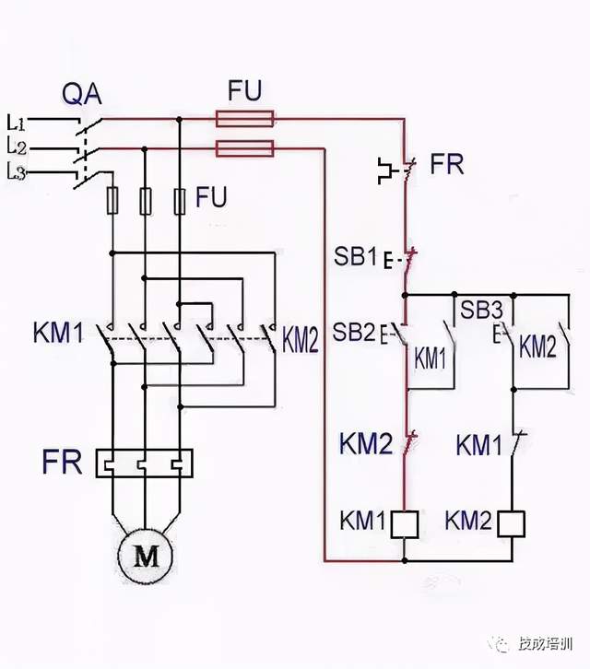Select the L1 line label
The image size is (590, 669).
[17, 121]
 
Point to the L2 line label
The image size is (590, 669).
[17, 146]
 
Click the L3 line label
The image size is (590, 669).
[17, 170]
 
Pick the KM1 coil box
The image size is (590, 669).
[405, 522]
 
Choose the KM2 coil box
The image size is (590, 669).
[512, 522]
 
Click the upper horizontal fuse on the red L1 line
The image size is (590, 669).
[244, 118]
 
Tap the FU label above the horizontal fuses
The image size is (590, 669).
[244, 90]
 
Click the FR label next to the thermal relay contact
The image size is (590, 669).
[447, 166]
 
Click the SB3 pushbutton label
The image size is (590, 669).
[482, 310]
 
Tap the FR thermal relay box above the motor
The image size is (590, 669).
[146, 462]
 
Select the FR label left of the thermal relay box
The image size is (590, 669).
[63, 461]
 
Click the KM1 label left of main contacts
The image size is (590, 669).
[58, 333]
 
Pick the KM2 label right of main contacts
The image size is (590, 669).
[301, 342]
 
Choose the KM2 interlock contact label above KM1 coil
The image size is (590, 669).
[367, 443]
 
